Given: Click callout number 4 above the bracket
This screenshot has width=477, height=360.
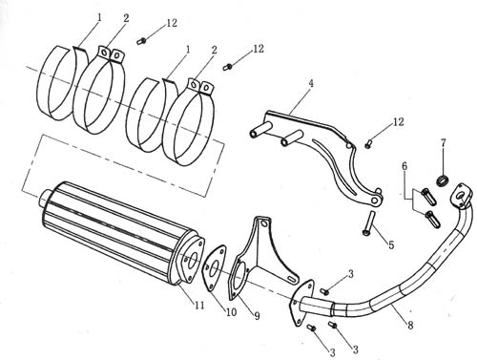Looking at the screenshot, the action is [311, 84].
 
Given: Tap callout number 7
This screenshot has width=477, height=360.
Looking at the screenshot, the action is [443, 143].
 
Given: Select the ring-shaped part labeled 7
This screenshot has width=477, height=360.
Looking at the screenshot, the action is [443, 181].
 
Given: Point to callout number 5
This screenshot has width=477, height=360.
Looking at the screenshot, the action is [391, 244].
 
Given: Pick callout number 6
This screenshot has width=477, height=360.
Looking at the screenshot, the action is [404, 166].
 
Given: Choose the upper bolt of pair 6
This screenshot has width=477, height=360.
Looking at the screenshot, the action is [428, 197].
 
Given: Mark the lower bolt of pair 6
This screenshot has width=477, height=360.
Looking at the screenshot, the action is [432, 219].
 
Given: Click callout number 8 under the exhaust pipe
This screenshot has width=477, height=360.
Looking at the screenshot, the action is [410, 326].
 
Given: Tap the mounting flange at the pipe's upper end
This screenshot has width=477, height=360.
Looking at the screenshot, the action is [459, 194].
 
